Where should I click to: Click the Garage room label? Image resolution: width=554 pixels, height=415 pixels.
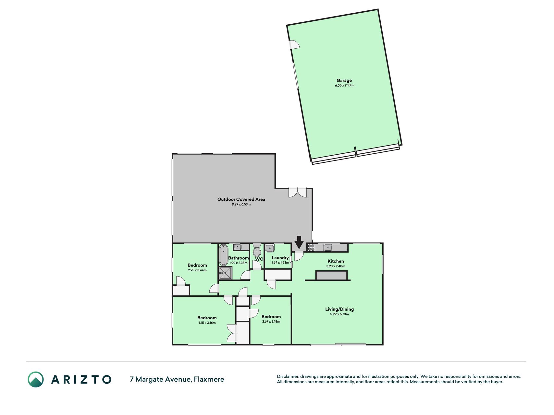coord(344,80)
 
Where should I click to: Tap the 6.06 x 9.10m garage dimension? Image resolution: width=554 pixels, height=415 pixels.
coord(344,85)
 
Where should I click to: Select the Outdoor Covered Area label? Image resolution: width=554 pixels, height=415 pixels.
coord(241,199)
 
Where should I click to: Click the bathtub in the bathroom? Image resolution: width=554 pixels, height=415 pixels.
coord(223,255)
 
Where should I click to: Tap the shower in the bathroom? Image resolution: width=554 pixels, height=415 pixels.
coord(226,273)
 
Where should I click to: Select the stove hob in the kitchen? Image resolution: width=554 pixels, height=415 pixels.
coord(311,248)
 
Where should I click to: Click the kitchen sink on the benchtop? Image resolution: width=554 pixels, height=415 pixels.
coord(327,248)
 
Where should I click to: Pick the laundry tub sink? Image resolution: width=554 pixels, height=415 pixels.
coord(270,248)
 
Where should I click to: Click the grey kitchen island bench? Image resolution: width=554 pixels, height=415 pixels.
coord(332,276)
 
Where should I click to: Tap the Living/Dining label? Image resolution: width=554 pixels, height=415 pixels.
coord(339,309)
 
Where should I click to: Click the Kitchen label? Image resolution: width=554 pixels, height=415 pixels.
coord(336,261)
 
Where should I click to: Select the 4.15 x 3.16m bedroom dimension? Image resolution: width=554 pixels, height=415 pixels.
coord(207,323)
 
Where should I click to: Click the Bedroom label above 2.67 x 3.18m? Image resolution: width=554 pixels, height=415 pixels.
coord(271,317)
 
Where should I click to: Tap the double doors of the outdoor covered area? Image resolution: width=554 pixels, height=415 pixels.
coord(298,193)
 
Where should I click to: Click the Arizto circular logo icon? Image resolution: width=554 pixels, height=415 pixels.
coord(36,379)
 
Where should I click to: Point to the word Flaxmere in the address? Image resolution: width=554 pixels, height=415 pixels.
coord(209,379)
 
